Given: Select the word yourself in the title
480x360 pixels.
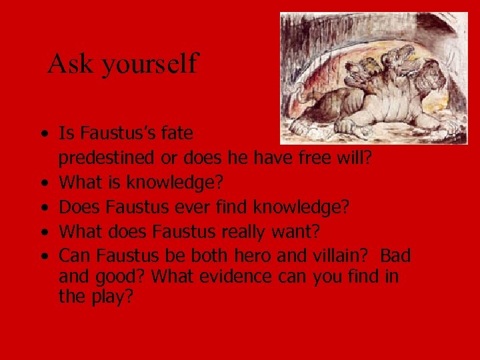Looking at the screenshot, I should [150, 64].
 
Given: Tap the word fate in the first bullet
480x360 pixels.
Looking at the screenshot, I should [175, 133].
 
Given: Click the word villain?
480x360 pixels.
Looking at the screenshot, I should [342, 256].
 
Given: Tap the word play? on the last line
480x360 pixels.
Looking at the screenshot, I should [109, 297].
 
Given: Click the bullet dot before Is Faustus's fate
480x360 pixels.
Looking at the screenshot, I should [43, 135].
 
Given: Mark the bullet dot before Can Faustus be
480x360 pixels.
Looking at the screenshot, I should [43, 257].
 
